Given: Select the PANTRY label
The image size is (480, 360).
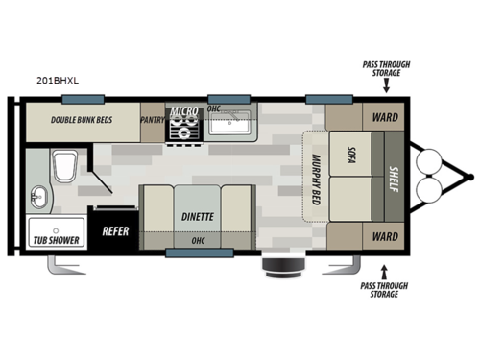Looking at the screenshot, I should pyautogui.click(x=153, y=120).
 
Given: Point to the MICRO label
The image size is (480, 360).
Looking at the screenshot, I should pyautogui.click(x=183, y=111).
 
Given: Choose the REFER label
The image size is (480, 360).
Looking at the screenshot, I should pyautogui.click(x=115, y=231).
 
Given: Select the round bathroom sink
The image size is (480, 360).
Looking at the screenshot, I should pyautogui.click(x=38, y=197).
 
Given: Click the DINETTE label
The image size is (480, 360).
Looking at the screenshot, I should pyautogui.click(x=197, y=217).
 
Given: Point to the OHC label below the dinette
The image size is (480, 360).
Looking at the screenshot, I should pyautogui.click(x=197, y=241).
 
